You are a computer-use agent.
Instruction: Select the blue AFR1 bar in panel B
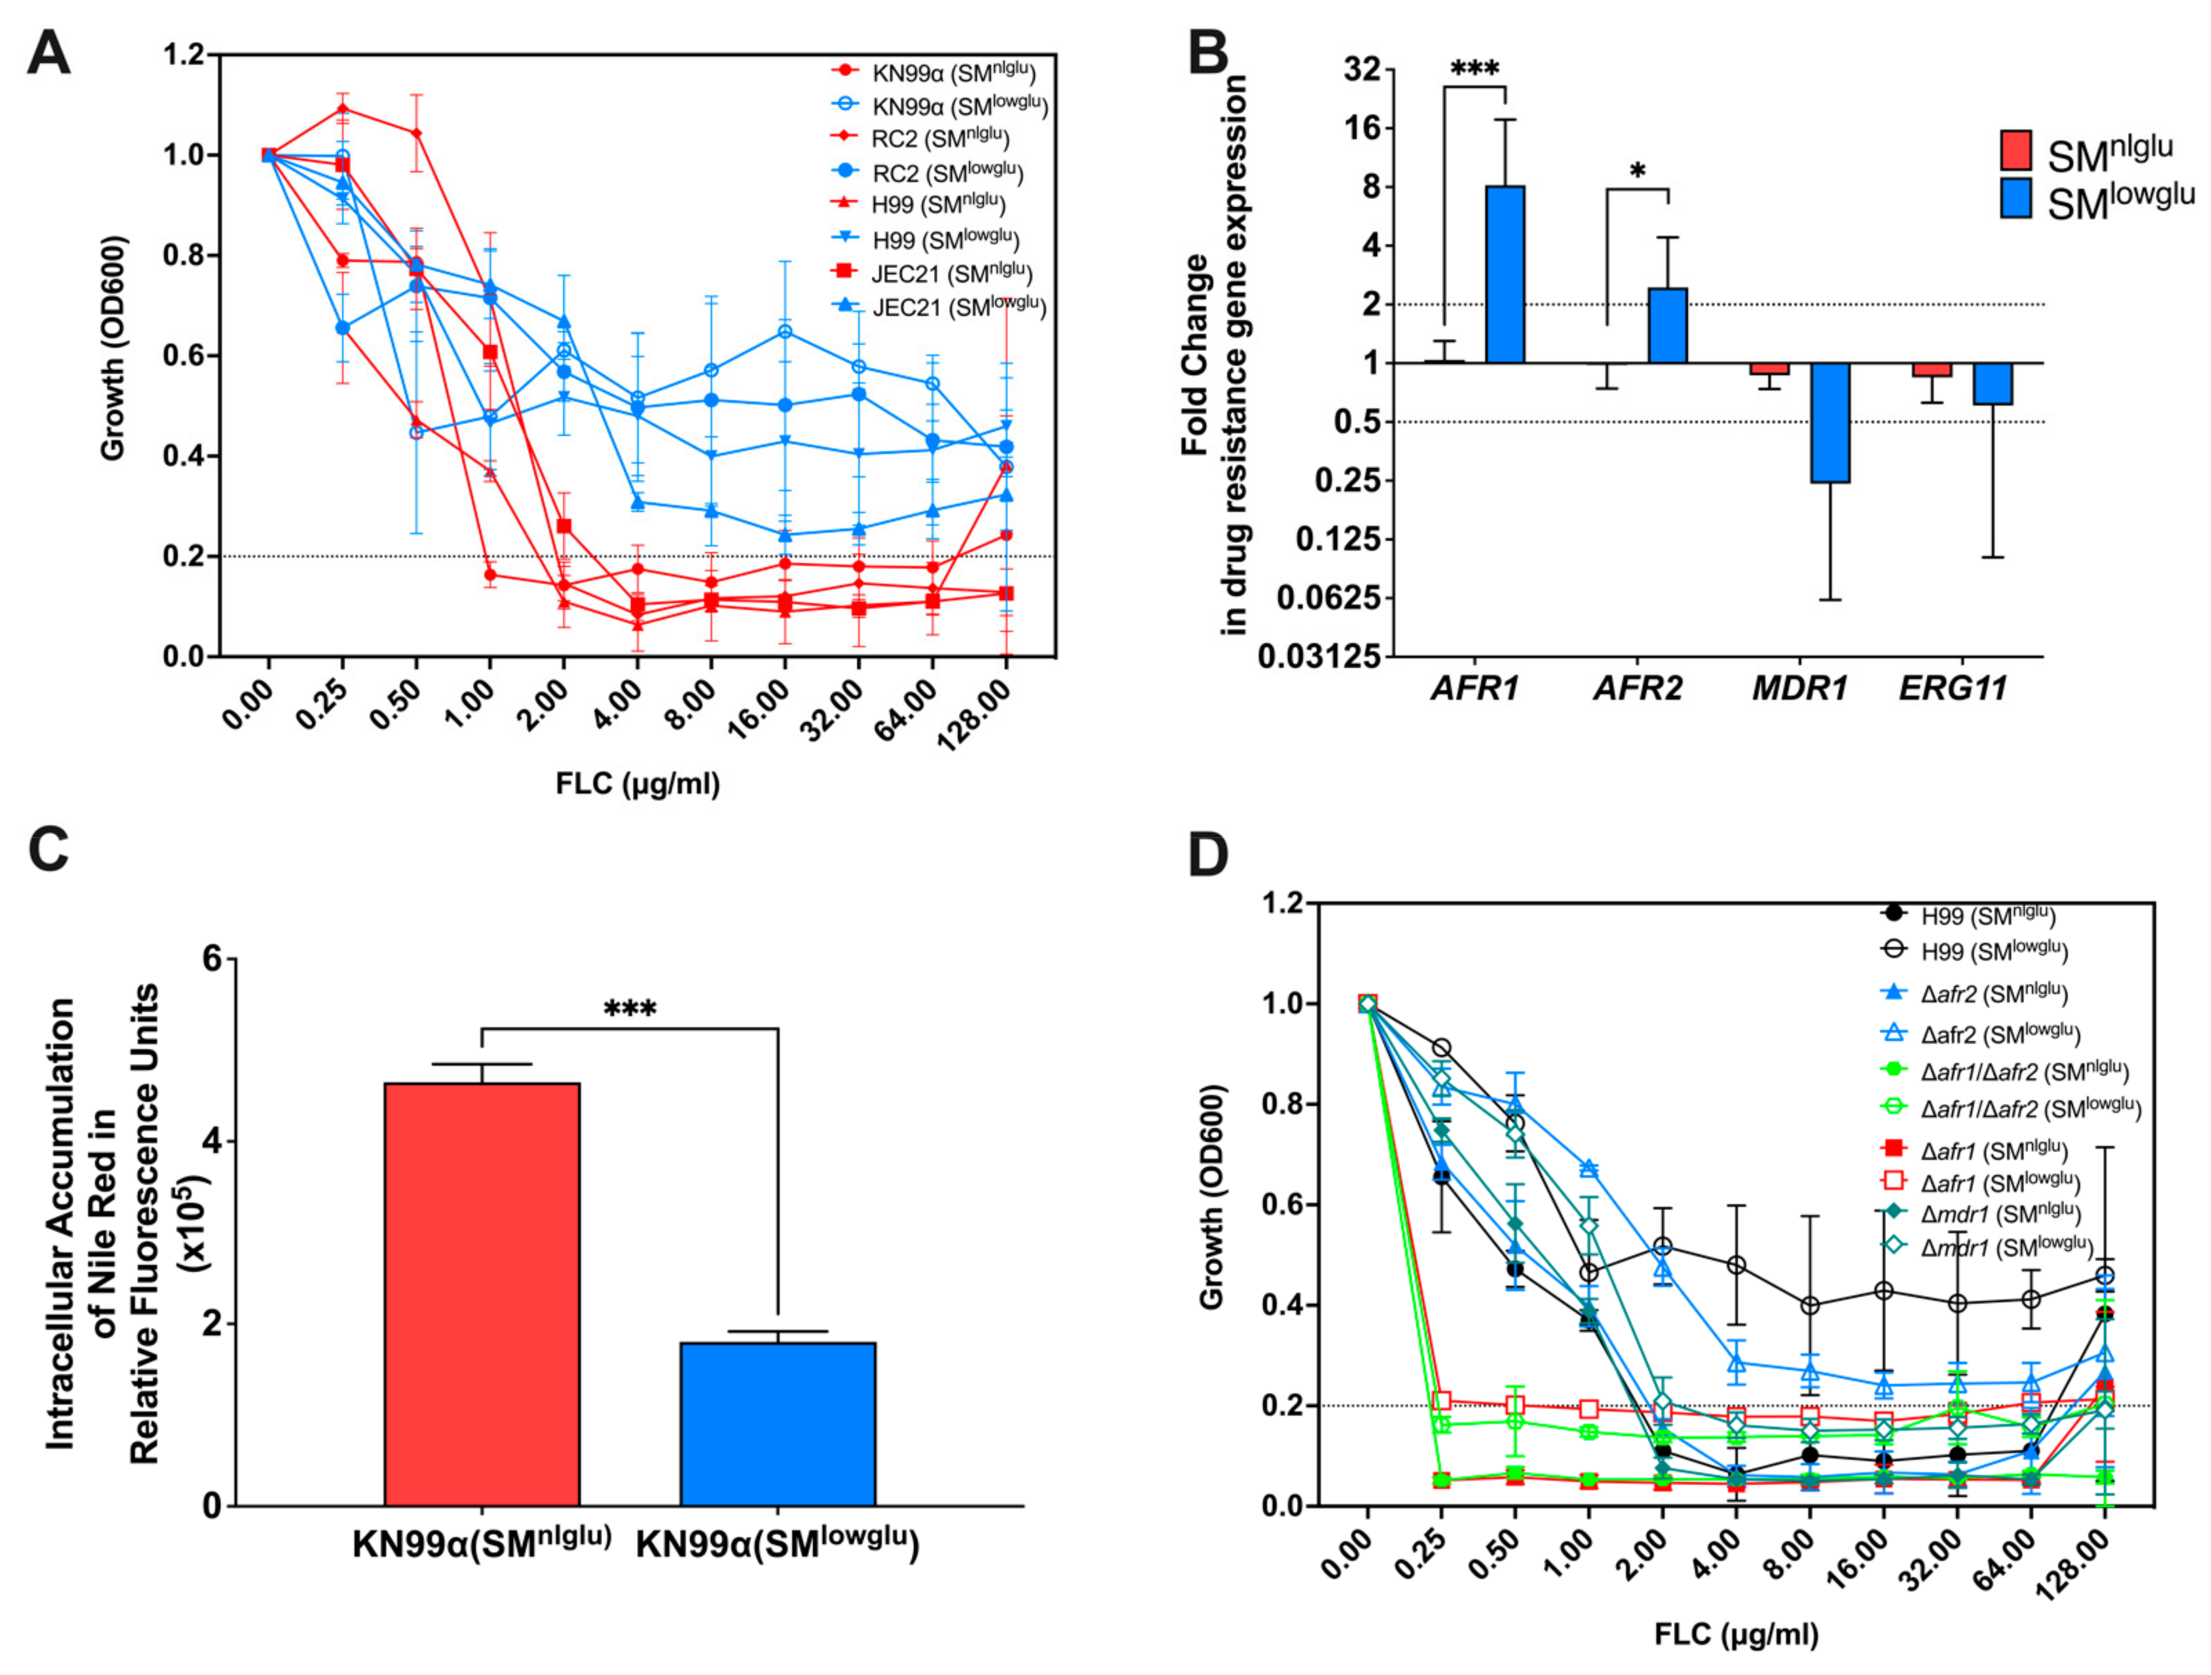[x=1505, y=274]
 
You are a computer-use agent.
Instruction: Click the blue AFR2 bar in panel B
[x=1667, y=325]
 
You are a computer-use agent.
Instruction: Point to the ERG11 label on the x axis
[x=1953, y=688]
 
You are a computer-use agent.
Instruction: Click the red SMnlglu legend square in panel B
[x=2015, y=150]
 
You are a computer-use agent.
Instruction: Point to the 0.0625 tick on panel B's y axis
[x=1313, y=598]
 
